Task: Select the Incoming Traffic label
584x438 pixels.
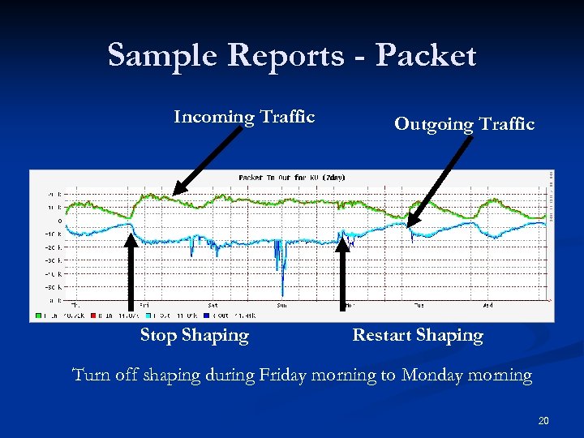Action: (x=244, y=117)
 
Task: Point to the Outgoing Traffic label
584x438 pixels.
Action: (x=464, y=124)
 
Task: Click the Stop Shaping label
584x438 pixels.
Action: (x=194, y=335)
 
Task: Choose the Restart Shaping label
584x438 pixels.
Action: (x=418, y=335)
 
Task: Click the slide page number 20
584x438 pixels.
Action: (x=543, y=420)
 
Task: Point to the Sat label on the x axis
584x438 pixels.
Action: (x=213, y=306)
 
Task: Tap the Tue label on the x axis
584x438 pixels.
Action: (x=418, y=306)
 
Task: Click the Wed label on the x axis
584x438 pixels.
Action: (x=487, y=306)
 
